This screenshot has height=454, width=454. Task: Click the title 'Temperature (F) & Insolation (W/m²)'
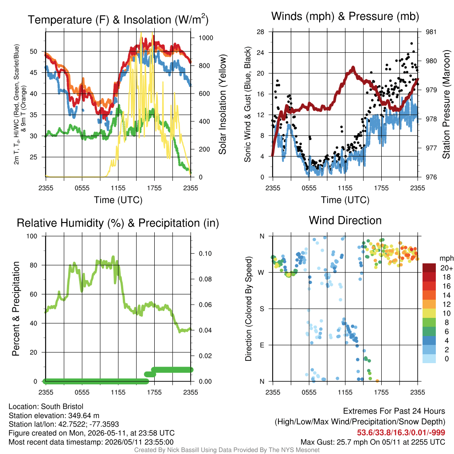click(x=118, y=20)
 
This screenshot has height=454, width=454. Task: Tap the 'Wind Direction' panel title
click(x=345, y=220)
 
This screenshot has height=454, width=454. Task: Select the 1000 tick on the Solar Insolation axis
click(x=206, y=38)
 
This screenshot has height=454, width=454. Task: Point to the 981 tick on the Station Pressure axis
click(x=431, y=32)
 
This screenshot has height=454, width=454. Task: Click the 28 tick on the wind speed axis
click(x=260, y=32)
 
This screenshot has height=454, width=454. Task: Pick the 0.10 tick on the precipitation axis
click(x=205, y=254)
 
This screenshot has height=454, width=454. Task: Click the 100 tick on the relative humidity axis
click(x=32, y=236)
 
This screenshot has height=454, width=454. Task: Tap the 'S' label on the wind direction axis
click(x=262, y=309)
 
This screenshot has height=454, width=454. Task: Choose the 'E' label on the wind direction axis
click(x=262, y=345)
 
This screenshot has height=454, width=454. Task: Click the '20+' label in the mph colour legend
click(x=446, y=268)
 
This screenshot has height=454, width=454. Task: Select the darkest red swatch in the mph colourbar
click(x=429, y=268)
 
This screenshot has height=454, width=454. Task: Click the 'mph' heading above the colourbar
click(x=446, y=258)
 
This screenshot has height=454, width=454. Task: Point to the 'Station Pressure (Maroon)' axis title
click(x=446, y=104)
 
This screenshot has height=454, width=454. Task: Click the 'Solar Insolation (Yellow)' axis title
click(x=222, y=104)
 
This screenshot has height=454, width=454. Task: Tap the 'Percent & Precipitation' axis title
click(x=16, y=309)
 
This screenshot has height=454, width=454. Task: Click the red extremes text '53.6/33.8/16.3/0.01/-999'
click(x=401, y=432)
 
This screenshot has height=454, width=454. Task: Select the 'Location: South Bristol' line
click(x=46, y=407)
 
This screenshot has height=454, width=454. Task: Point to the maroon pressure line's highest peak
click(x=353, y=68)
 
